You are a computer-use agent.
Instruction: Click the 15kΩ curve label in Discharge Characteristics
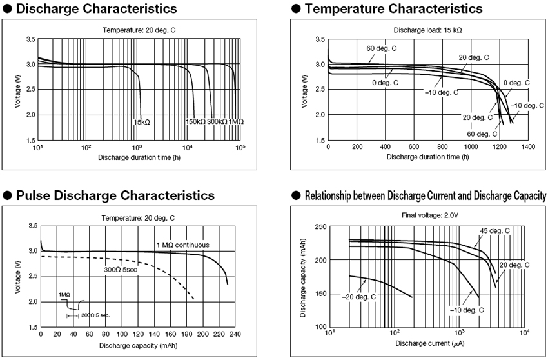point(142,121)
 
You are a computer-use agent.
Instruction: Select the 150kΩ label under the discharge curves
point(195,121)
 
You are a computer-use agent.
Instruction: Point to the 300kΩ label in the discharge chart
point(217,121)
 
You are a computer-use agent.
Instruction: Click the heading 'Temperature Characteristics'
point(393,9)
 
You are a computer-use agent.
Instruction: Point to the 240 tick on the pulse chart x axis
point(235,334)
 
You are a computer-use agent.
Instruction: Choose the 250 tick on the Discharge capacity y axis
point(320,226)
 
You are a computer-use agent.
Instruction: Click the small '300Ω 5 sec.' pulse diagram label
point(95,315)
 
